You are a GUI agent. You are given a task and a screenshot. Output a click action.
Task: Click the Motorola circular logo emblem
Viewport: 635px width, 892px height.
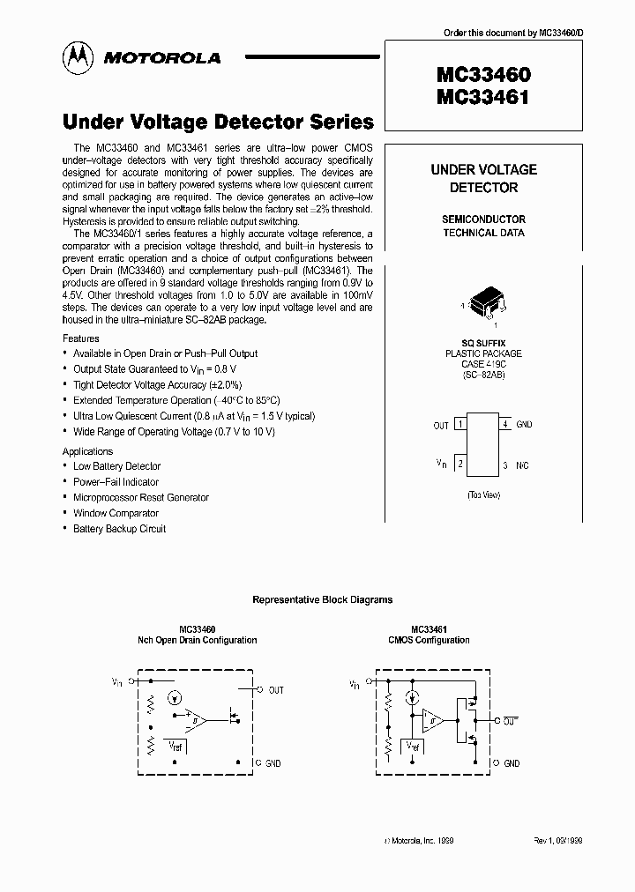(x=76, y=57)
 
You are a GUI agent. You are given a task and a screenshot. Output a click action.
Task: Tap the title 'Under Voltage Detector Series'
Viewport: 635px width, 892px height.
(x=218, y=123)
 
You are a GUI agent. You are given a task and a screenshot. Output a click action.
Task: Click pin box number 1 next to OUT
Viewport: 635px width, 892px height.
(x=460, y=425)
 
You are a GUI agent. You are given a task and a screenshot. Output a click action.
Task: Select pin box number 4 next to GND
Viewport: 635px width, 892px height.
(x=504, y=425)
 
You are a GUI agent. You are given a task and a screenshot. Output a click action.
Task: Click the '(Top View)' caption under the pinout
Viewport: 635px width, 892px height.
(x=483, y=495)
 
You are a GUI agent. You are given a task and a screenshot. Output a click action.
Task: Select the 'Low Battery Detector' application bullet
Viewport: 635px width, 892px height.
(x=116, y=466)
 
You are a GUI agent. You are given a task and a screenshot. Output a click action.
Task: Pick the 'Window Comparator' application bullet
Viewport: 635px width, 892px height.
(x=116, y=513)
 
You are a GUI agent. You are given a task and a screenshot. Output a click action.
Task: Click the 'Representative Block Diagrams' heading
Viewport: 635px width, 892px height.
(x=323, y=599)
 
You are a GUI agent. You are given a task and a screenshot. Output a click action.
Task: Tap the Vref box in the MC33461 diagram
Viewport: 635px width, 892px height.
(x=412, y=746)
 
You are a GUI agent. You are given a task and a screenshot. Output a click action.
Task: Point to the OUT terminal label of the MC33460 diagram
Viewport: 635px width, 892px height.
(x=275, y=689)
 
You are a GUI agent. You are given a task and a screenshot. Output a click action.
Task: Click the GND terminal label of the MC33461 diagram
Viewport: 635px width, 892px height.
(x=512, y=763)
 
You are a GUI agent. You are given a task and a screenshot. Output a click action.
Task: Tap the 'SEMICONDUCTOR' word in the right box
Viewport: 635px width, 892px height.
(x=483, y=219)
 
